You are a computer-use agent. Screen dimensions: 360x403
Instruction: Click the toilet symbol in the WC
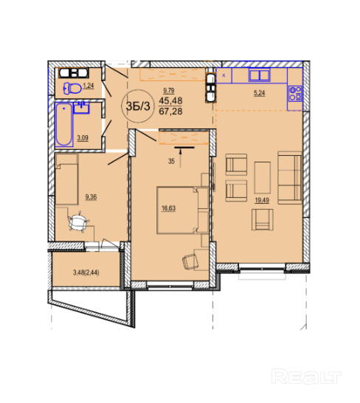[x=72, y=89]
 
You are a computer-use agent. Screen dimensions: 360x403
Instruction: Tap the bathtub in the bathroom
[x=64, y=125]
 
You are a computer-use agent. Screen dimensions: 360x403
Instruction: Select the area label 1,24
[x=89, y=86]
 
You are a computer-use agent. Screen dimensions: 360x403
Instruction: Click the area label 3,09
[x=83, y=138]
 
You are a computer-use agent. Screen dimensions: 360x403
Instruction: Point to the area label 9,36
[x=91, y=197]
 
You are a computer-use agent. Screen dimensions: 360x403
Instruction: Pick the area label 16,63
[x=168, y=208]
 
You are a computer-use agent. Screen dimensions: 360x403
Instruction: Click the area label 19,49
[x=262, y=200]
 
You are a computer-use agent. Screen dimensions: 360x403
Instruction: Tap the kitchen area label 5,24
[x=260, y=93]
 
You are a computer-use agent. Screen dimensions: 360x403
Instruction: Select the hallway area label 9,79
[x=169, y=91]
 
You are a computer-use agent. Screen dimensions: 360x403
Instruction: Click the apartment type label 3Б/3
[x=138, y=106]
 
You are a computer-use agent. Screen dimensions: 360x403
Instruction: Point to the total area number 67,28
[x=170, y=111]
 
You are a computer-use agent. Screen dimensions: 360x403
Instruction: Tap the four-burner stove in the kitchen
[x=295, y=94]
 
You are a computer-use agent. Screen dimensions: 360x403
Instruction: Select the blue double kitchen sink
[x=260, y=75]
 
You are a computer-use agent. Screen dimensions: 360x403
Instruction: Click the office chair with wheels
[x=78, y=222]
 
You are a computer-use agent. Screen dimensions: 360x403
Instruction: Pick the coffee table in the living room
[x=263, y=178]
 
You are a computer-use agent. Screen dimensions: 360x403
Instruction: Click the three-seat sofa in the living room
[x=290, y=178]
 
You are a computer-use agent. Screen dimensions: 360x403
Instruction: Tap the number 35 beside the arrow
[x=171, y=162]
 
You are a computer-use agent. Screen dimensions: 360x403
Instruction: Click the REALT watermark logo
[x=307, y=376]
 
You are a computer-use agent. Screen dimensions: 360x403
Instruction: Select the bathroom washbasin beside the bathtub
[x=81, y=108]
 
